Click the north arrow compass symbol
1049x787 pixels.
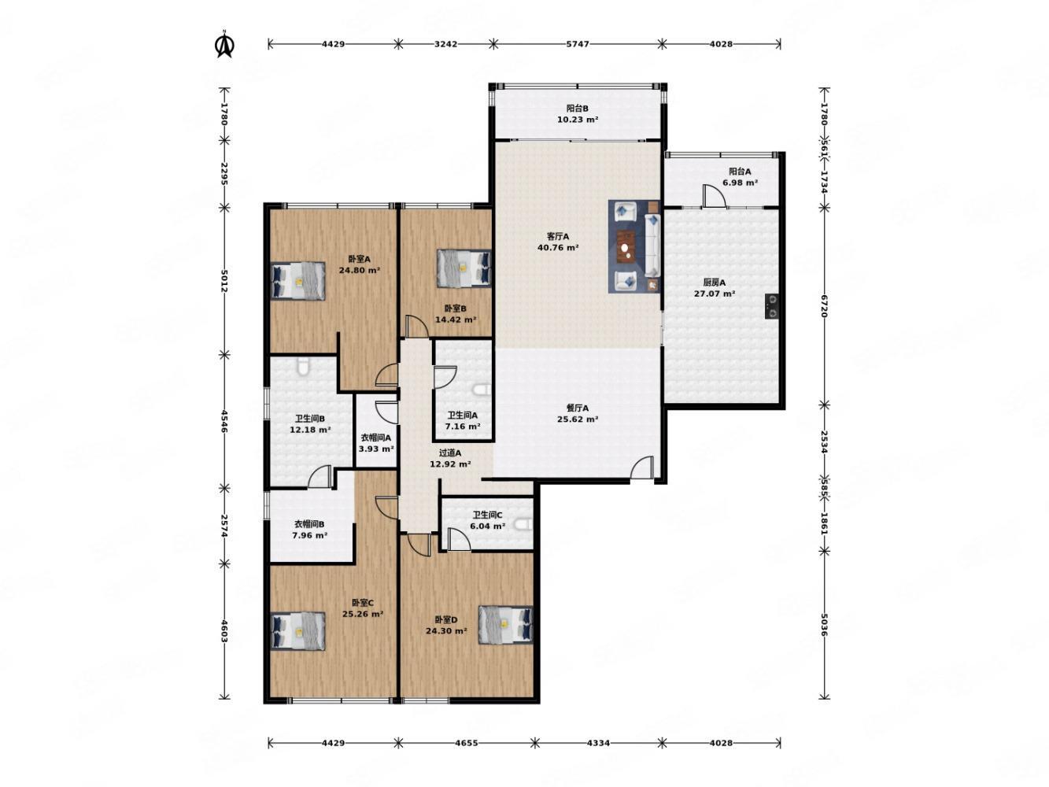[224, 45]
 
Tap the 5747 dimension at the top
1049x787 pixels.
[578, 44]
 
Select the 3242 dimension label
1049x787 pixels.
[445, 44]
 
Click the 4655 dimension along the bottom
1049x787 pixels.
[466, 743]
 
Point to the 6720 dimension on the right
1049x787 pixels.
[824, 306]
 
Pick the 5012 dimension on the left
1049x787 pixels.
[224, 281]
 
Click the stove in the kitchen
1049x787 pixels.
[771, 306]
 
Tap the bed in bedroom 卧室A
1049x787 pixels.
[298, 281]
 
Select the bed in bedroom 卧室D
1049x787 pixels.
[506, 625]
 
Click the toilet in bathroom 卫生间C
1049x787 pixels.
[523, 525]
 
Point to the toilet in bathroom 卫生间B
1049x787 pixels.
[302, 367]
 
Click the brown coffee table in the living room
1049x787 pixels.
[625, 246]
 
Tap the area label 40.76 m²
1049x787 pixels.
[558, 248]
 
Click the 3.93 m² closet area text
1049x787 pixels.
[376, 449]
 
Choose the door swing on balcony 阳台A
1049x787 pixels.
[714, 196]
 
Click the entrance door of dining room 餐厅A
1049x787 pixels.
[642, 467]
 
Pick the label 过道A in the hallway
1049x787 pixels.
[450, 453]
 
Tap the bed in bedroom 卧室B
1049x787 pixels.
[464, 268]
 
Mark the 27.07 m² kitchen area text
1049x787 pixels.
[714, 294]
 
